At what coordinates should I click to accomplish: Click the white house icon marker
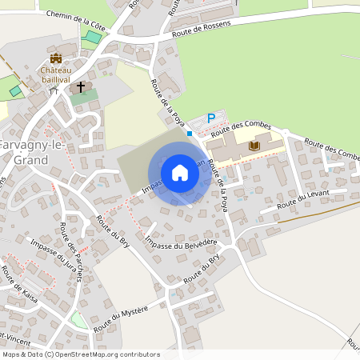180,172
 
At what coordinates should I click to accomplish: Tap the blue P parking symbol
211,118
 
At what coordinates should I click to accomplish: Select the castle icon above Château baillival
56,58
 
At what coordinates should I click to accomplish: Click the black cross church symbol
81,86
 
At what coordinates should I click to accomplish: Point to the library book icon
254,146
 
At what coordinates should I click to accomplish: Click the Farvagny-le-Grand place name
24,153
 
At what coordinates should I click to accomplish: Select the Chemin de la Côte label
76,20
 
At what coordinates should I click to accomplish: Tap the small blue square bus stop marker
190,134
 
